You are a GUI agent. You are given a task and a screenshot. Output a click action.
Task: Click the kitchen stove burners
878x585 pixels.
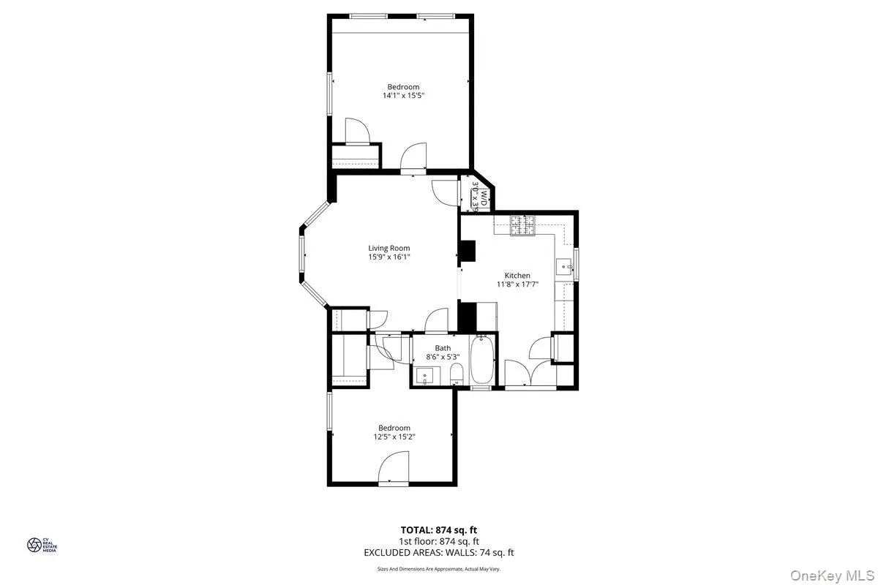[525, 225]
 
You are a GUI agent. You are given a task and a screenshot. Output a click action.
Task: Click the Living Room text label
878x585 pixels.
[389, 248]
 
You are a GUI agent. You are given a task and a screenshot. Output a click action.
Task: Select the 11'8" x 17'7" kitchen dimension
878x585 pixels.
[517, 285]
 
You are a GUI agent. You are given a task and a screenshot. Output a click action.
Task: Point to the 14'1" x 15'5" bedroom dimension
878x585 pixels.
[403, 96]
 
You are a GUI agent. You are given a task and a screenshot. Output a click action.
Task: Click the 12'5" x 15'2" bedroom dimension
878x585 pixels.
[394, 437]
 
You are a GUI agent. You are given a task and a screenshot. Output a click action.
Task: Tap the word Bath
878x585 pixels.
[443, 348]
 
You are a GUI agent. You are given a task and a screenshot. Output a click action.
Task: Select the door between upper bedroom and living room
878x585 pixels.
[413, 157]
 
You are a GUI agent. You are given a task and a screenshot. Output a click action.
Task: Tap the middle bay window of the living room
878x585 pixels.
[301, 256]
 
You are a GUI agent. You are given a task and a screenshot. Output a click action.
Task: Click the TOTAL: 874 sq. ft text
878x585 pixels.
[439, 529]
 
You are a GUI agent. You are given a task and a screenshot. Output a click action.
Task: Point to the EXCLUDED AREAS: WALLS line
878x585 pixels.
[439, 553]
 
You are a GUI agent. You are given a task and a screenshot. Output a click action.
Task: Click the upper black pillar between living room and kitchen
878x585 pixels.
[467, 251]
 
